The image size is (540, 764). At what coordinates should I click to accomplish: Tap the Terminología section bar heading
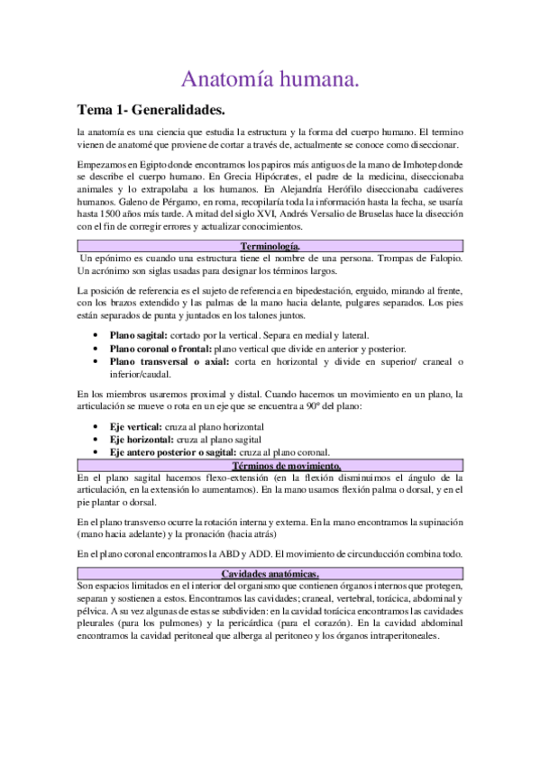pos(270,246)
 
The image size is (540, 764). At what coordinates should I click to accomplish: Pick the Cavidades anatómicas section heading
pos(270,574)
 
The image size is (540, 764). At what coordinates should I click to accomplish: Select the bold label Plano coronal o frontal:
pos(161,349)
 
